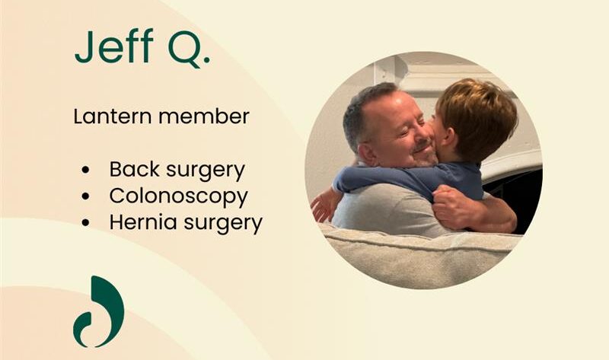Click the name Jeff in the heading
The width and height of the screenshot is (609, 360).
click(x=113, y=49)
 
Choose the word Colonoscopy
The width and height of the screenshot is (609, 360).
click(x=178, y=196)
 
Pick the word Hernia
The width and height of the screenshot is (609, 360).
click(x=137, y=222)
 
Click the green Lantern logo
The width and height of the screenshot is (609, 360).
click(x=98, y=311)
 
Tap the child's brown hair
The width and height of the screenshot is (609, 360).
click(x=475, y=114)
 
